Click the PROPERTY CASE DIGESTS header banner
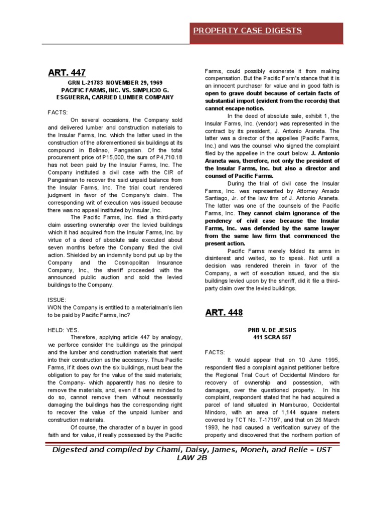(x=248, y=31)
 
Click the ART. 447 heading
(x=63, y=73)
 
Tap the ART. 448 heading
(x=224, y=313)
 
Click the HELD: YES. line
(x=64, y=330)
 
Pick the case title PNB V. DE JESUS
(x=272, y=330)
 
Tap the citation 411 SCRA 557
(x=272, y=337)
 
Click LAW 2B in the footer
(x=192, y=458)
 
